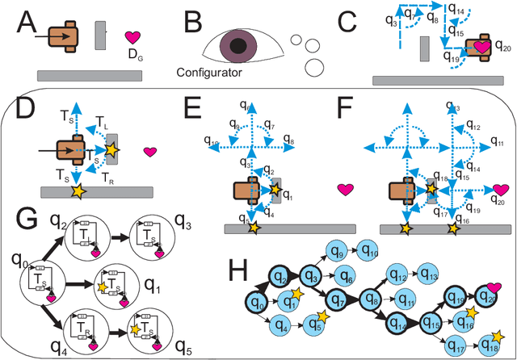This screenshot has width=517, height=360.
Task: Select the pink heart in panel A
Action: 132,38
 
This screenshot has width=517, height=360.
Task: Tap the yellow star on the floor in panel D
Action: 78,190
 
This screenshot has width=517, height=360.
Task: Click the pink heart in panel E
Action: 346,190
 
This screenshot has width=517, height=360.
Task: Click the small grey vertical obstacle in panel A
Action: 99,35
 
